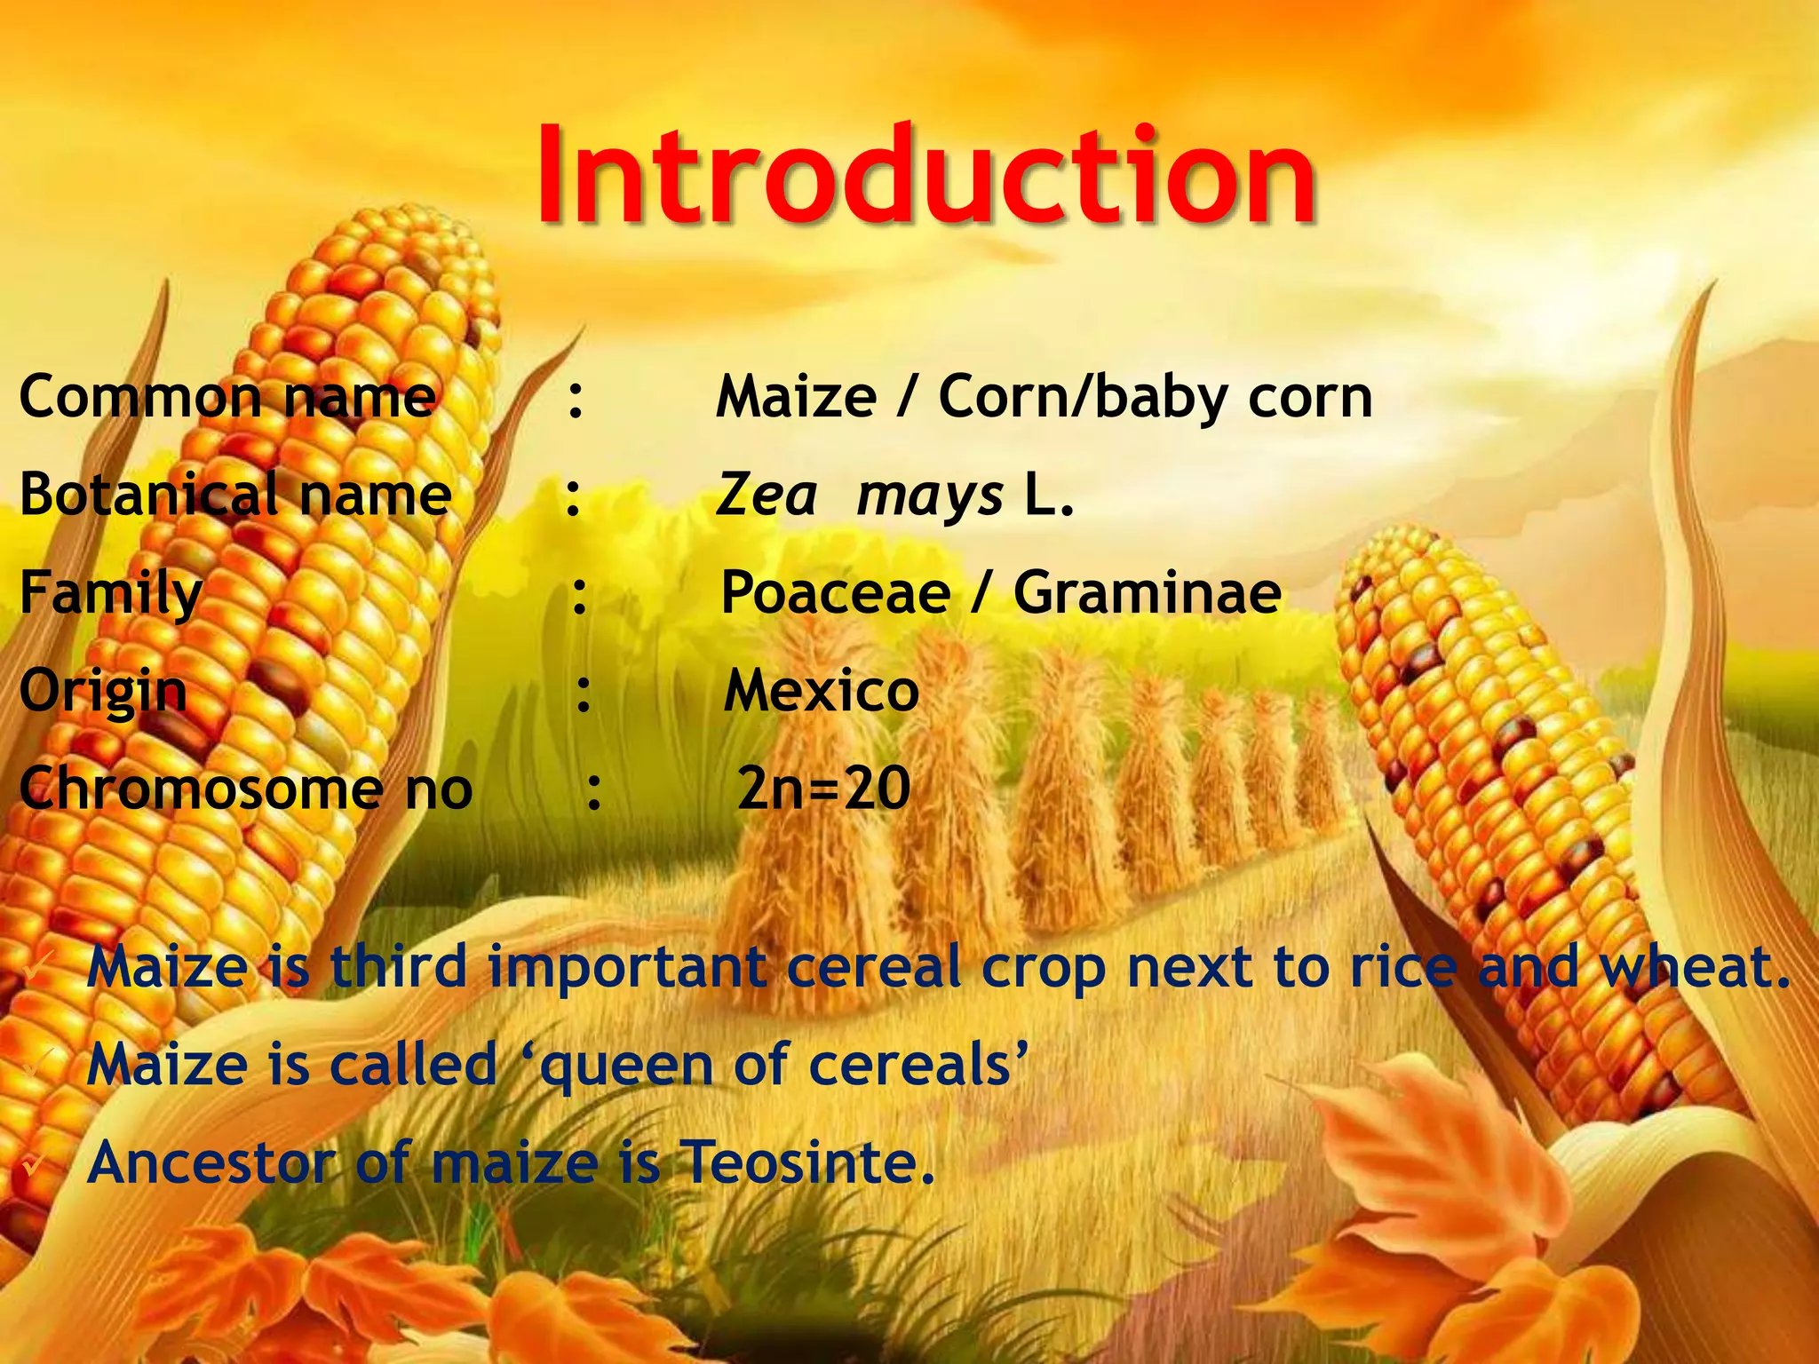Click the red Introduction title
(925, 175)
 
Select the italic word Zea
(766, 495)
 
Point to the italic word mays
(929, 496)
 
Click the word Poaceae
(835, 592)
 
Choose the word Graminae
(1148, 592)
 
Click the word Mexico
(821, 691)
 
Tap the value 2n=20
(823, 789)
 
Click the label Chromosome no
(245, 789)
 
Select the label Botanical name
(235, 495)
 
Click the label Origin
(103, 691)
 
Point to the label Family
(111, 592)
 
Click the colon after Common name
(576, 398)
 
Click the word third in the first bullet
(399, 967)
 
